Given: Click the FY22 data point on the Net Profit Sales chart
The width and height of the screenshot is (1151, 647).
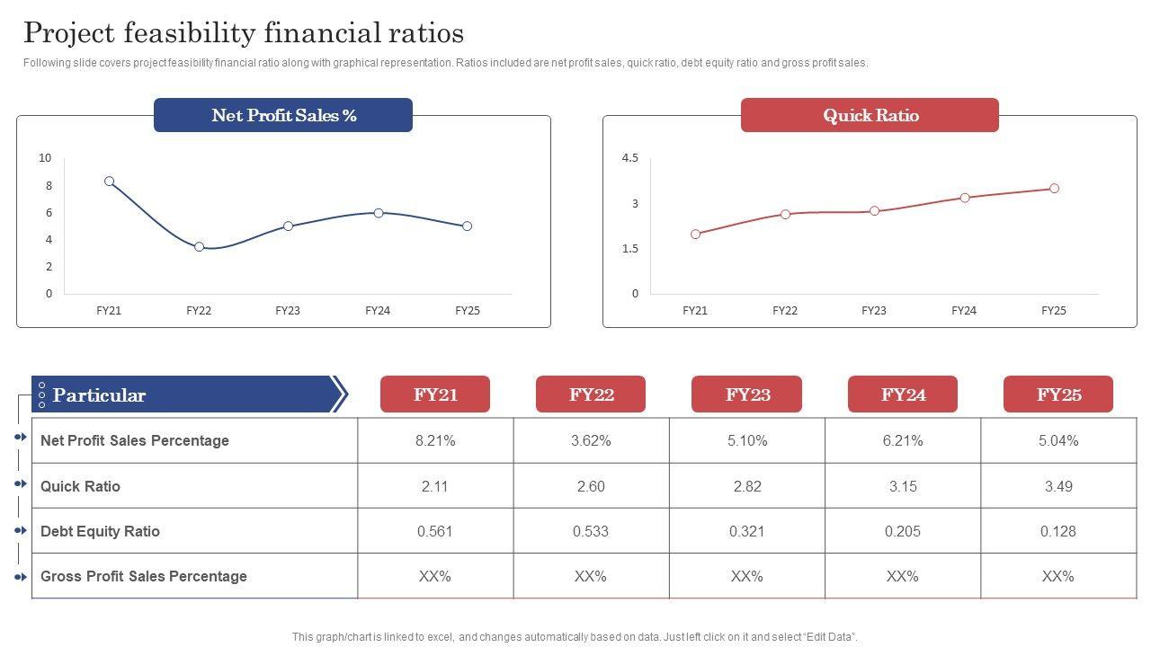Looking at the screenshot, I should click(200, 246).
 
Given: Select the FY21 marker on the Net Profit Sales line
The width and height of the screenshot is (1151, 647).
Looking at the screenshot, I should click(110, 182).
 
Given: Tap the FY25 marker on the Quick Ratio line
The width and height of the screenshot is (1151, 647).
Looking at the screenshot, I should click(1054, 189).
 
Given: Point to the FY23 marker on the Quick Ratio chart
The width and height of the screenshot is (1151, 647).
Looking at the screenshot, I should click(874, 211).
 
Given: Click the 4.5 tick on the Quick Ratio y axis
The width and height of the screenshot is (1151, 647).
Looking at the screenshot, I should click(629, 158).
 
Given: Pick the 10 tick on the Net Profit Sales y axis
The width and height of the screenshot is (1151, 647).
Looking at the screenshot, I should click(45, 158).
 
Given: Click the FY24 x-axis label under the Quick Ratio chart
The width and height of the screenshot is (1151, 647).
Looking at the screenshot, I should click(963, 311).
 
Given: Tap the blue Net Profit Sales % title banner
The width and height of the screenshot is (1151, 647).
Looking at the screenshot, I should click(283, 115).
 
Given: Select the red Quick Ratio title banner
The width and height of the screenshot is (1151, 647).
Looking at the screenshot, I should click(870, 115).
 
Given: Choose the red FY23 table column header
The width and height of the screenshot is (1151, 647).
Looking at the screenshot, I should click(746, 394).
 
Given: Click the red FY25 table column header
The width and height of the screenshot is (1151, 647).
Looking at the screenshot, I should click(1058, 394).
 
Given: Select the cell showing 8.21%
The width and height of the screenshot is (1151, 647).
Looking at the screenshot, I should click(435, 440).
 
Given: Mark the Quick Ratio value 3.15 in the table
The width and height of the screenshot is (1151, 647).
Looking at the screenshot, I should click(903, 486).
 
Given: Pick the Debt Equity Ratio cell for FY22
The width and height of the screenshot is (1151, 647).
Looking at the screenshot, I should click(591, 531).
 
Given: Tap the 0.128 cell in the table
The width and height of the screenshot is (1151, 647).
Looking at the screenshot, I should click(1058, 531).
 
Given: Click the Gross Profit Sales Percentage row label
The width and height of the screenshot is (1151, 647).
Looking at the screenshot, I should click(144, 576).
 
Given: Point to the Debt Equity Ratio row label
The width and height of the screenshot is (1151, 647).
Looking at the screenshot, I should click(100, 531).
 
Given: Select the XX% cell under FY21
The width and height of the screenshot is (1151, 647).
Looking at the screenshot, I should click(435, 576).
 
